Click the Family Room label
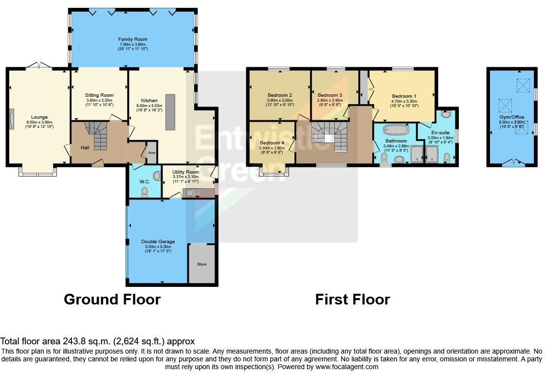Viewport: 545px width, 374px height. (x=132, y=39)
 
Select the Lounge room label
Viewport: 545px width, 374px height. (x=39, y=117)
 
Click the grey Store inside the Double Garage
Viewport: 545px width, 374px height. (x=201, y=264)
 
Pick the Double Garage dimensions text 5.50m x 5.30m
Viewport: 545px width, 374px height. (x=158, y=247)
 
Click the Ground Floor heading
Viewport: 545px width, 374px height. (x=112, y=299)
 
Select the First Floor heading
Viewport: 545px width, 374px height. (x=352, y=299)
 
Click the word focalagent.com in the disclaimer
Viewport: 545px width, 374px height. (x=352, y=367)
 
